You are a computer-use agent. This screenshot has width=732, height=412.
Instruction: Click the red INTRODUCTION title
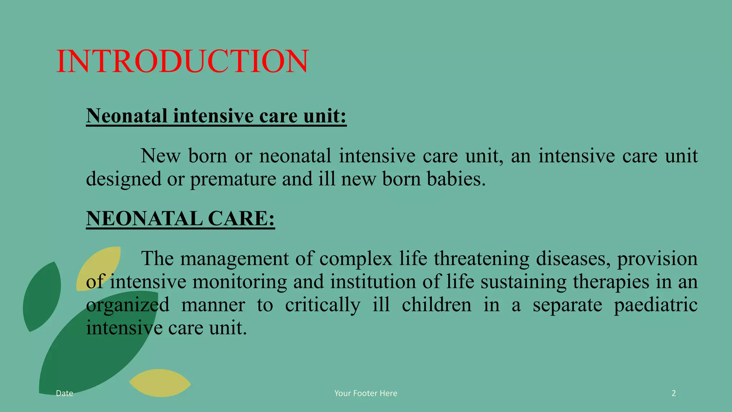[x=182, y=62]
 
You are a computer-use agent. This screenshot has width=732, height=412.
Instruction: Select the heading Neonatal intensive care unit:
[x=216, y=116]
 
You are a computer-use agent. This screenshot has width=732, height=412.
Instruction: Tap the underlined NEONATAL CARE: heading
[x=180, y=219]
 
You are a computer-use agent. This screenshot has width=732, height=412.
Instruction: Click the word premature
[x=233, y=179]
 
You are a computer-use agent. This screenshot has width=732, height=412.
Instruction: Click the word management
[x=234, y=259]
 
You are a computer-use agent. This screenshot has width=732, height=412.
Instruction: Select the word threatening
[x=481, y=259]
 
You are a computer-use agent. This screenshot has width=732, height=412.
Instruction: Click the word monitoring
[x=239, y=282]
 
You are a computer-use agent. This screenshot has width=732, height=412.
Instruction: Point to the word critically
[x=322, y=305]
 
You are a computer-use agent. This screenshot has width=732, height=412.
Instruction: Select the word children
[x=436, y=305]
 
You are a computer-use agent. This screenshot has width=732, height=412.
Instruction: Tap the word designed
[x=124, y=179]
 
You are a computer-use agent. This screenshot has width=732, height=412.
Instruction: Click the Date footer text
[x=65, y=393]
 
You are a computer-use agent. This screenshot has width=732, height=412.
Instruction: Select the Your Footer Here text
[x=366, y=393]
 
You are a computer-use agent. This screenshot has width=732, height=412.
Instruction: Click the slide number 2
[x=674, y=393]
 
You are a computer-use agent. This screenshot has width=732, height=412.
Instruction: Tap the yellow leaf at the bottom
[x=160, y=383]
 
